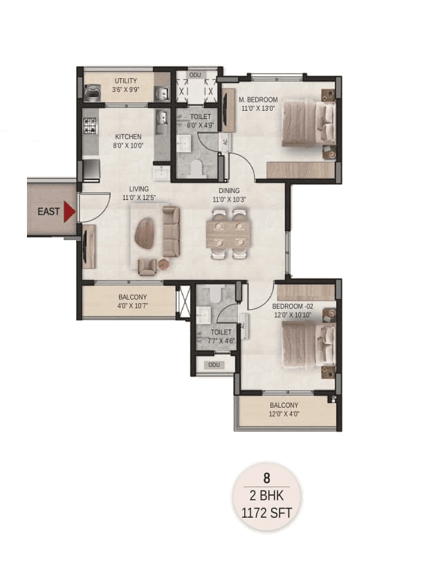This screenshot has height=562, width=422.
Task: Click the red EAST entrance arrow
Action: (69, 212)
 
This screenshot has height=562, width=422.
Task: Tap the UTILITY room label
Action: (126, 81)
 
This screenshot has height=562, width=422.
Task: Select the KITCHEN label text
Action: (129, 136)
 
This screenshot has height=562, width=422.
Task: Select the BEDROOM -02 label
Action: (293, 306)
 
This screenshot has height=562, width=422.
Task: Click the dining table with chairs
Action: (227, 233)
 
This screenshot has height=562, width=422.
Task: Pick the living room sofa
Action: (170, 232)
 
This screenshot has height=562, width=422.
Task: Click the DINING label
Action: (228, 191)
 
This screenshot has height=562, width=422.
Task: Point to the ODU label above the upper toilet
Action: (195, 74)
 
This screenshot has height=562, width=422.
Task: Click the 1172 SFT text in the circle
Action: (266, 514)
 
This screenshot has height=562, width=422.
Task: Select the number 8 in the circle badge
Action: (266, 478)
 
